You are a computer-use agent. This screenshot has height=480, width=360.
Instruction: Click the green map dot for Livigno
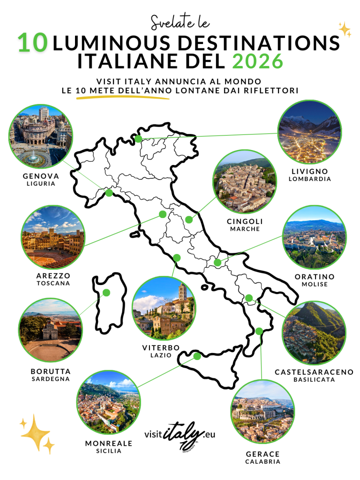138,139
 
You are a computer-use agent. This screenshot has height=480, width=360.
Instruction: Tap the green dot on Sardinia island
106,292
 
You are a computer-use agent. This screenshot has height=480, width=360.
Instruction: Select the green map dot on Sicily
197,356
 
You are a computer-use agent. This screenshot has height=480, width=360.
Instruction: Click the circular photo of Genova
41,136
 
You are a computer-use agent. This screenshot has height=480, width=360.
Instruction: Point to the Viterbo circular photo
164,308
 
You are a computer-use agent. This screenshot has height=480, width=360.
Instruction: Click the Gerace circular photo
262,412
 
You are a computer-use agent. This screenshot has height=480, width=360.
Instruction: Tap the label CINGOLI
245,221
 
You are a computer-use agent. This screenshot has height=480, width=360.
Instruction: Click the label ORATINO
315,277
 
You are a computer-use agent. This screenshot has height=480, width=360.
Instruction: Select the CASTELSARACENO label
314,372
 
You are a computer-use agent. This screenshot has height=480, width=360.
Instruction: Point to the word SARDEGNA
51,379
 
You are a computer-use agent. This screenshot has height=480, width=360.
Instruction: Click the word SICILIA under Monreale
109,451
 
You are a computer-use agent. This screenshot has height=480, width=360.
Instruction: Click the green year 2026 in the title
257,61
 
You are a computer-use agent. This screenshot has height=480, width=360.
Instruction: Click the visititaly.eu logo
180,435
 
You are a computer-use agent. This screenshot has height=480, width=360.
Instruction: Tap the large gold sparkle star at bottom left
35,431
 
